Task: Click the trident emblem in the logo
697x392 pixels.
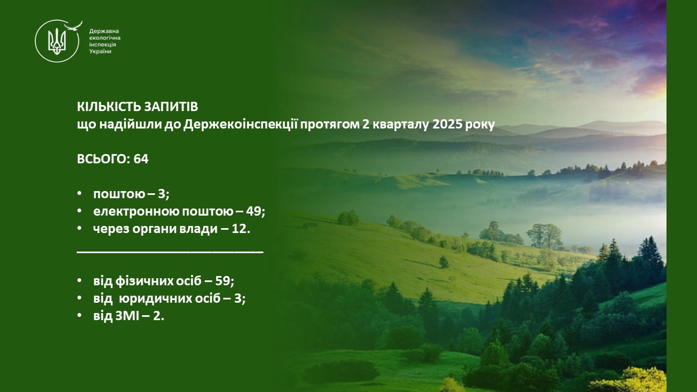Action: click(x=57, y=41)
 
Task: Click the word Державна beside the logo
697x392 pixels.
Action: click(x=104, y=31)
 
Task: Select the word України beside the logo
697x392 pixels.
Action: click(x=100, y=51)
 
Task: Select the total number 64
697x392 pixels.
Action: click(x=141, y=159)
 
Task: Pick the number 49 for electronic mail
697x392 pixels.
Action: click(x=254, y=212)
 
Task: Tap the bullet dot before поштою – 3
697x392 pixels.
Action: click(x=80, y=193)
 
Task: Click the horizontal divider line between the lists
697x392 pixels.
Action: click(x=170, y=252)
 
